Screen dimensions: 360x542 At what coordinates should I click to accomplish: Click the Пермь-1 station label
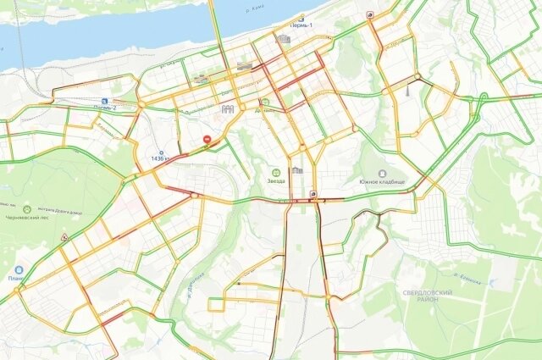click(302, 26)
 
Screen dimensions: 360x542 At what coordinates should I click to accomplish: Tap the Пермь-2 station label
click(104, 108)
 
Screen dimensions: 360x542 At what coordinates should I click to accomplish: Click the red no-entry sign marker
click(207, 139)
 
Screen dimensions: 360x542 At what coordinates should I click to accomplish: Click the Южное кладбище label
click(382, 182)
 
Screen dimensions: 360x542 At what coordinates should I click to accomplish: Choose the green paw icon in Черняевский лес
click(27, 208)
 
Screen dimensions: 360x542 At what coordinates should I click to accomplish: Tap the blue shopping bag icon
click(17, 269)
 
